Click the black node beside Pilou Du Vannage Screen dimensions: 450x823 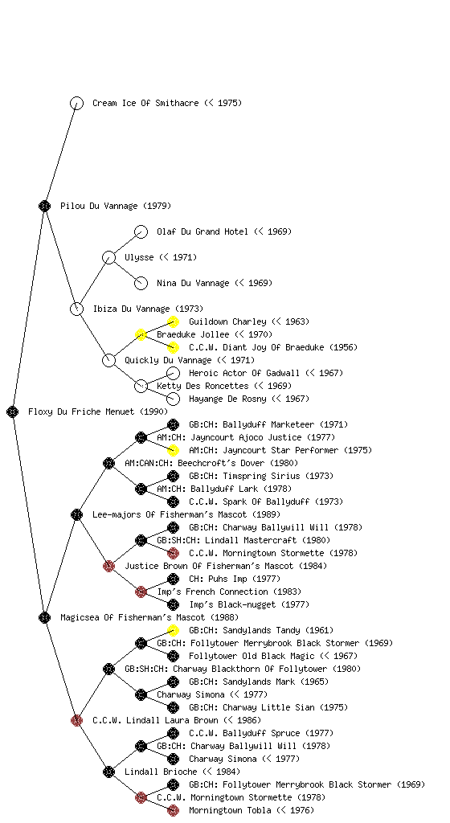pyautogui.click(x=44, y=206)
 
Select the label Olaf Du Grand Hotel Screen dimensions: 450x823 pyautogui.click(x=202, y=231)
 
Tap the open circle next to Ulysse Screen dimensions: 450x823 pyautogui.click(x=108, y=257)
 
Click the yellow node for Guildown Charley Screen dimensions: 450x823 pyautogui.click(x=173, y=321)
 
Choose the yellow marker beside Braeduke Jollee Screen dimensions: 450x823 pyautogui.click(x=141, y=334)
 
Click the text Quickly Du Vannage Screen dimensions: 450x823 pyautogui.click(x=168, y=360)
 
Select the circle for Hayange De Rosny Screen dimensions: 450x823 pyautogui.click(x=173, y=399)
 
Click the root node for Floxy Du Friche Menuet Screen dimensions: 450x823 pyautogui.click(x=13, y=411)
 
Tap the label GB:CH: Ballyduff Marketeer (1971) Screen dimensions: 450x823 pyautogui.click(x=268, y=424)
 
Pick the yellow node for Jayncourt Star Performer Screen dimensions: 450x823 pyautogui.click(x=173, y=450)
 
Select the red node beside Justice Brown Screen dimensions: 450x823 pyautogui.click(x=108, y=566)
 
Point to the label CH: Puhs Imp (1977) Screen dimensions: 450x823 pyautogui.click(x=235, y=579)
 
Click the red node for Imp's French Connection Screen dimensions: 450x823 pyautogui.click(x=141, y=592)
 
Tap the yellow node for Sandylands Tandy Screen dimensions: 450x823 pyautogui.click(x=173, y=630)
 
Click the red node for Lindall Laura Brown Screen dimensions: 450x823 pyautogui.click(x=76, y=720)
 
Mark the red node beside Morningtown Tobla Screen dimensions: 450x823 pyautogui.click(x=173, y=810)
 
